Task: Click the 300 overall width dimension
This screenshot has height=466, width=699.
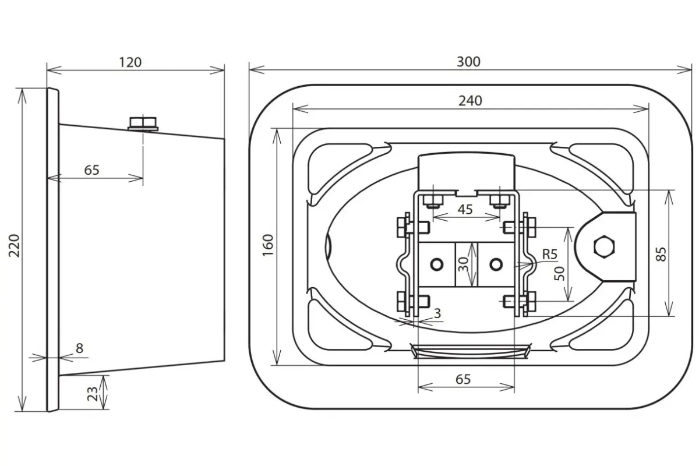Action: click(x=468, y=62)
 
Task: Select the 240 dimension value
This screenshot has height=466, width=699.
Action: click(x=470, y=101)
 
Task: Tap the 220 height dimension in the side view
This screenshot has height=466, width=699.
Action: click(x=15, y=246)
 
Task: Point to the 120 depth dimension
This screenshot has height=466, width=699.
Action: click(x=130, y=62)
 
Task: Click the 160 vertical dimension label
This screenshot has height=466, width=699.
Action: click(x=268, y=245)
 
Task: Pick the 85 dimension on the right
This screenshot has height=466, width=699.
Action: click(x=661, y=254)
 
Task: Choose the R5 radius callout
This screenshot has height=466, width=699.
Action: click(x=549, y=255)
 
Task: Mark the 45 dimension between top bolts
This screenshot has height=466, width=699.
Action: click(x=465, y=210)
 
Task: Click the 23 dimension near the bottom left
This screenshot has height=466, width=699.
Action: click(x=93, y=394)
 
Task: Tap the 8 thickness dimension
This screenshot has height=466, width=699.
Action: click(x=80, y=348)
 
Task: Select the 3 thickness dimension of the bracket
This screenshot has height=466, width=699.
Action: click(x=437, y=313)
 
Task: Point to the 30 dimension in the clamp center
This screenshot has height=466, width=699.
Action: click(x=464, y=264)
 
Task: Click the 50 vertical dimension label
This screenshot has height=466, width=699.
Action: click(x=560, y=274)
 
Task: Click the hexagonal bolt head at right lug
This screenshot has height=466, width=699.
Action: click(x=605, y=246)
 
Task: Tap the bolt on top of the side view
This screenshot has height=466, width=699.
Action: click(x=143, y=123)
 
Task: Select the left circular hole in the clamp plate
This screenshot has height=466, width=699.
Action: click(x=436, y=264)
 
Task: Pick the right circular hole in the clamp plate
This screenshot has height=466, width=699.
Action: click(x=496, y=264)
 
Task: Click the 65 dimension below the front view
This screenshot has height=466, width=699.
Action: click(x=463, y=379)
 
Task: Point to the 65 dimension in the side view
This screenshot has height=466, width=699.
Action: click(x=92, y=170)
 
